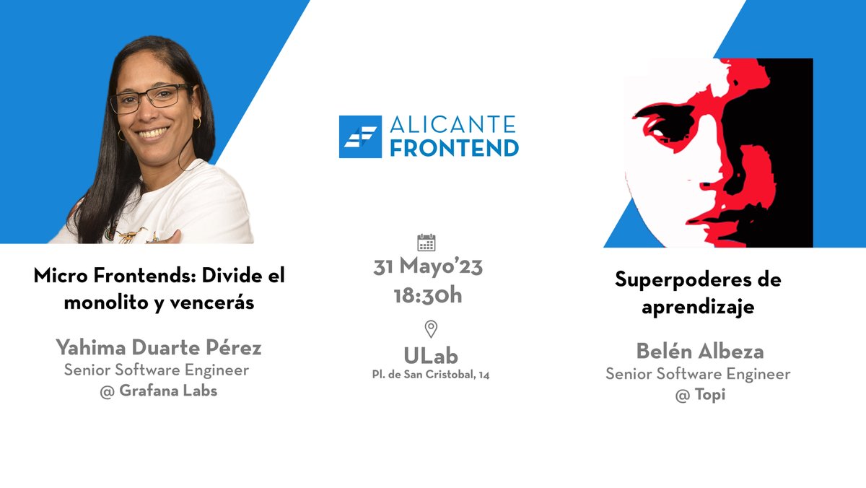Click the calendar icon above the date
click(x=427, y=243)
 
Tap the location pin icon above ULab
click(x=431, y=329)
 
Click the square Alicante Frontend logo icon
click(x=360, y=136)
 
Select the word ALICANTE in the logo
click(x=453, y=125)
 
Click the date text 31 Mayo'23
click(x=428, y=267)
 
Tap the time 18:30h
click(x=428, y=295)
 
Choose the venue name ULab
click(x=431, y=355)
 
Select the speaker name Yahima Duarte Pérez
click(x=159, y=348)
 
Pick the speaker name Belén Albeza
click(x=699, y=352)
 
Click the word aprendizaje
click(x=698, y=307)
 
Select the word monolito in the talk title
click(x=105, y=302)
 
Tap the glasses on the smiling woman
click(x=149, y=99)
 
